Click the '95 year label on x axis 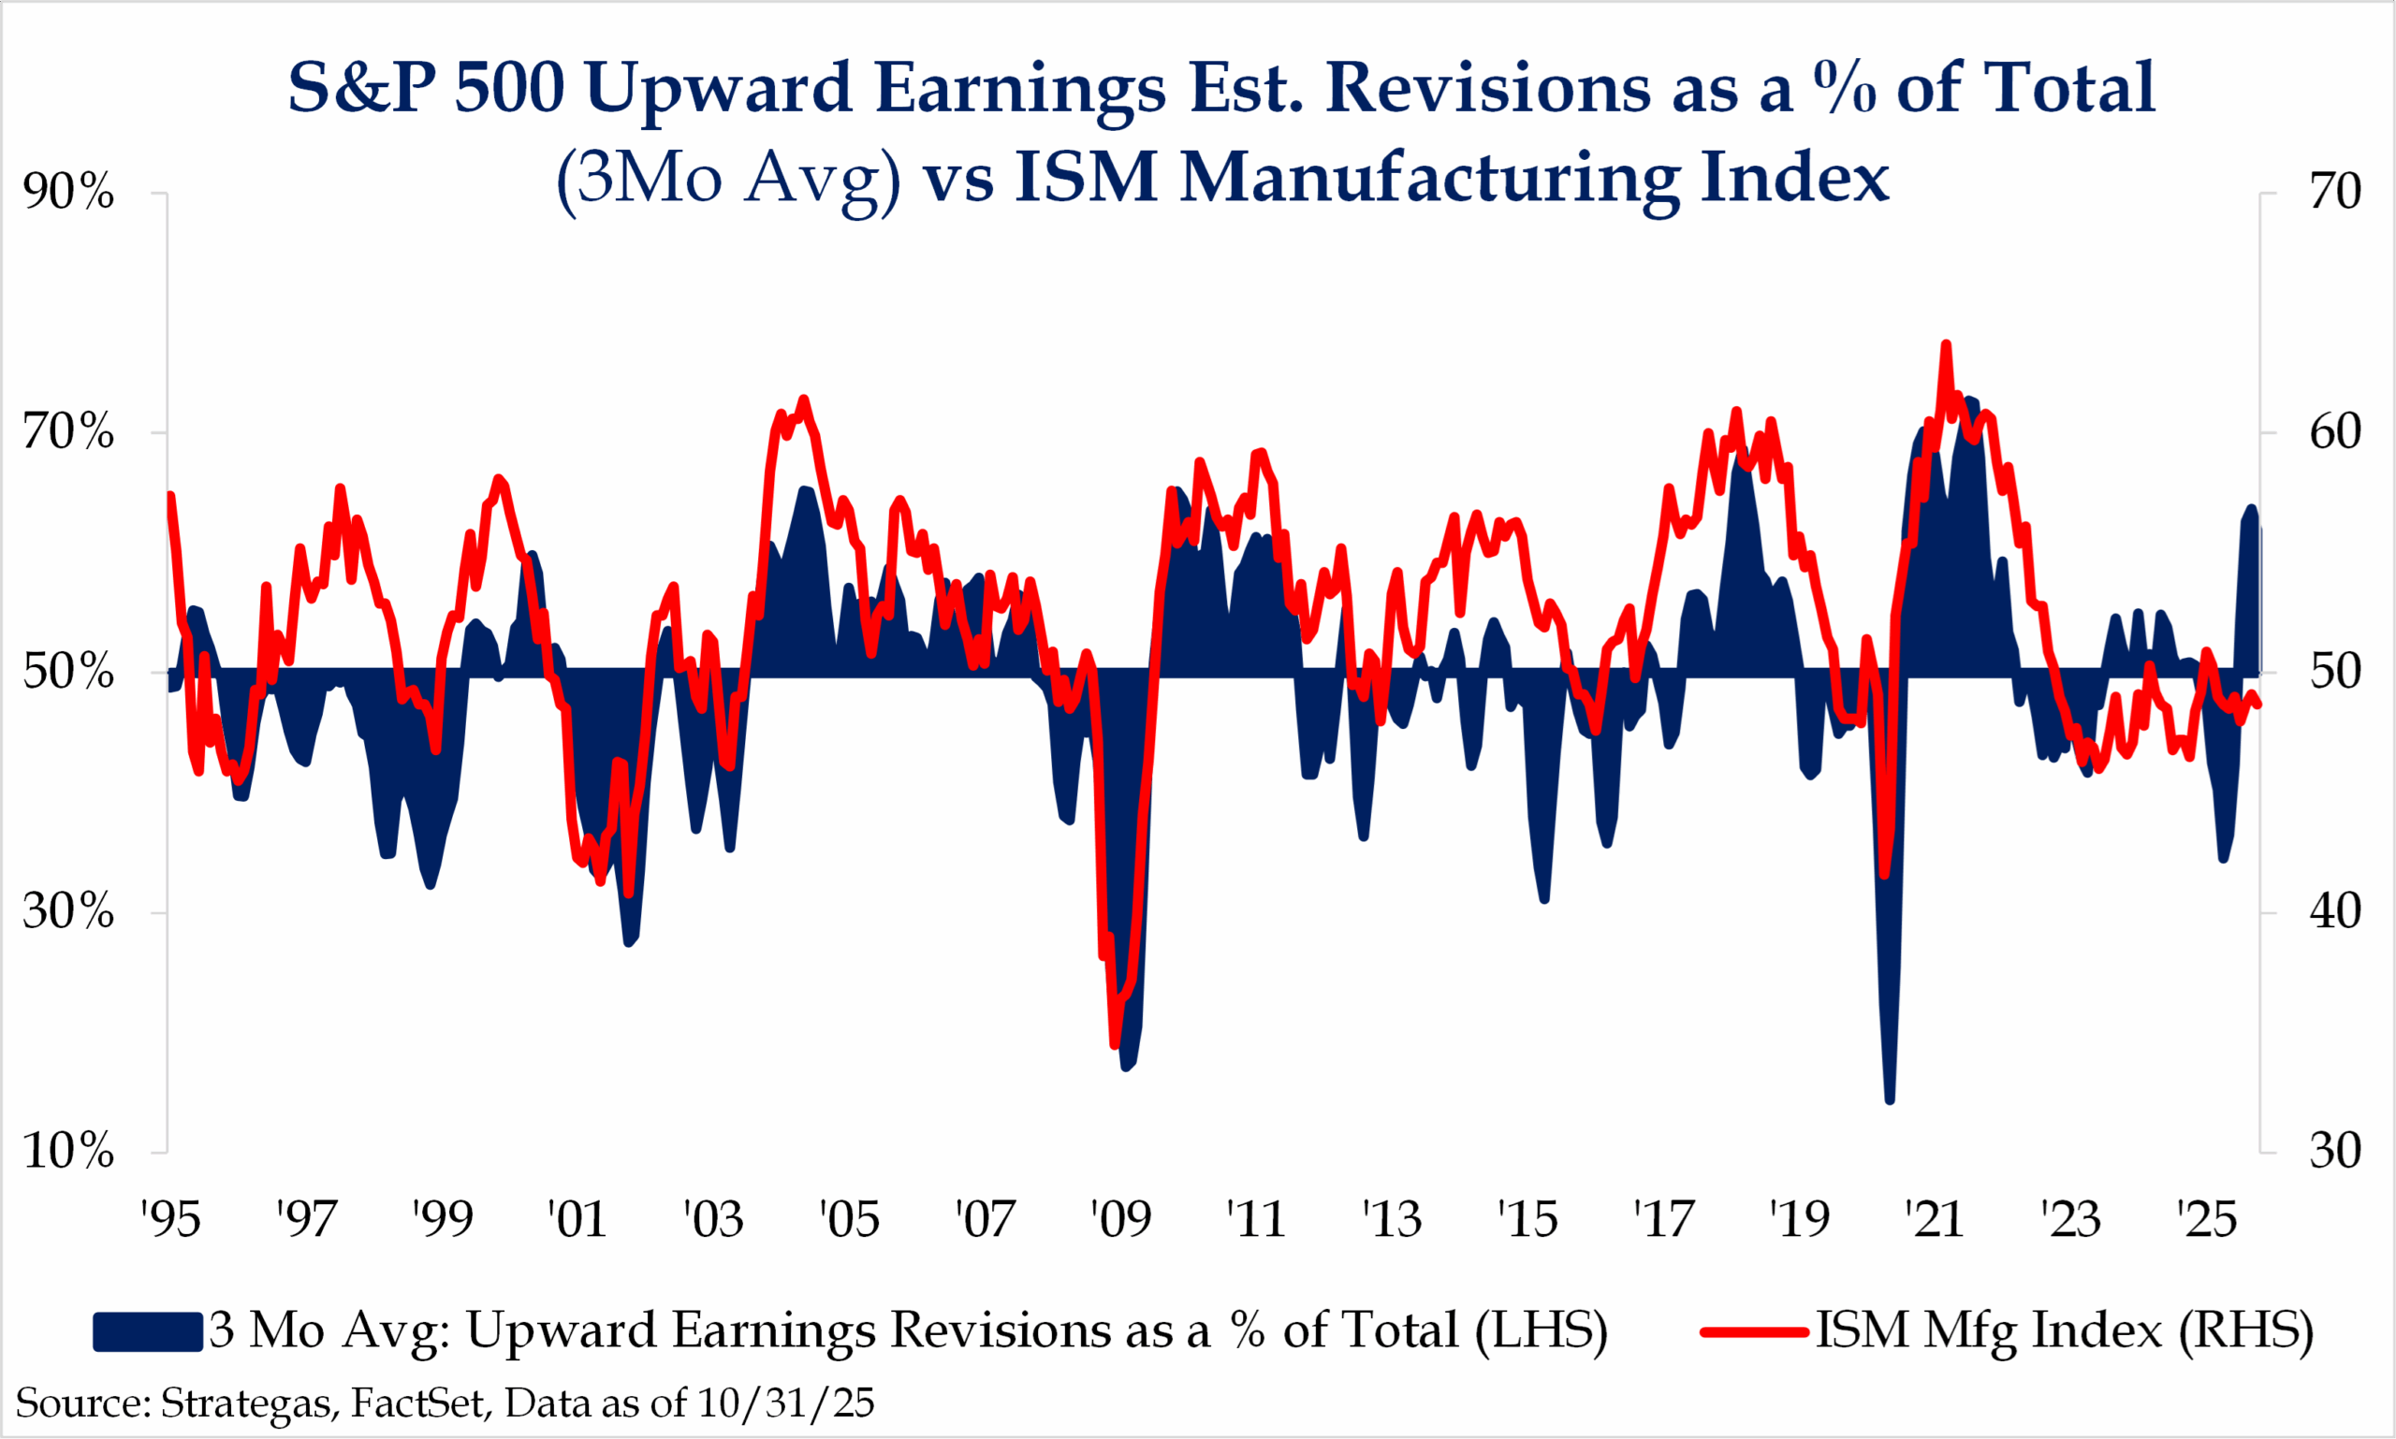point(170,1220)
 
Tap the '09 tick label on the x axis point(1120,1220)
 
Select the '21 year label point(1935,1220)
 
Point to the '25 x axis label point(2207,1220)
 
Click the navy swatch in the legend point(148,1331)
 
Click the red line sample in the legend point(1754,1331)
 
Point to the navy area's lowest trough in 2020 point(1890,1099)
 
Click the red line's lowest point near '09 point(1115,1044)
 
